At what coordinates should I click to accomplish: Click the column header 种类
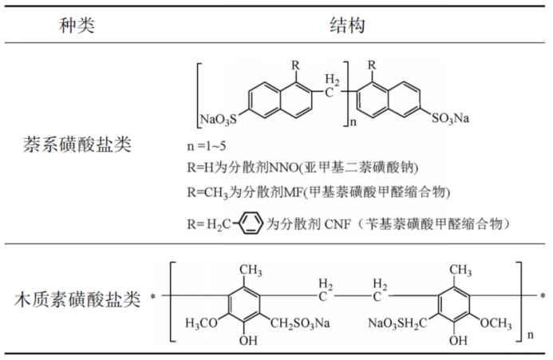tap(77, 26)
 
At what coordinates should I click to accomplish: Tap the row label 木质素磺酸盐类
tap(77, 301)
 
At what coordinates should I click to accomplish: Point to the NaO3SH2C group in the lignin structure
tap(396, 322)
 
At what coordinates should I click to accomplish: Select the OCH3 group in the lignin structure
tap(496, 322)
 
